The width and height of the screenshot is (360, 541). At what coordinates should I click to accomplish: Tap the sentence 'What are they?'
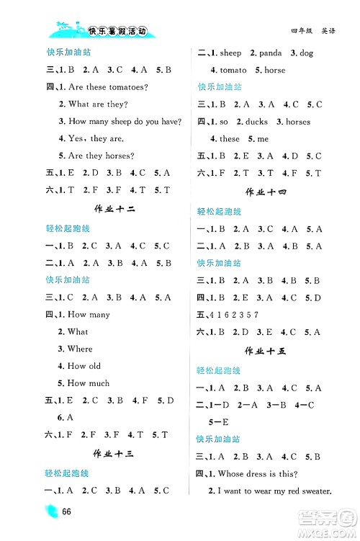pyautogui.click(x=94, y=104)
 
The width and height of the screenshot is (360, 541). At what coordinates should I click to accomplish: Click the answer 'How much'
pyautogui.click(x=88, y=383)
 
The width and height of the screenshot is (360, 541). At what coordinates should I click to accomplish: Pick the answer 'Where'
pyautogui.click(x=80, y=349)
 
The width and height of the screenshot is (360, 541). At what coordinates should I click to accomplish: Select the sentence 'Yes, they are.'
pyautogui.click(x=90, y=138)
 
